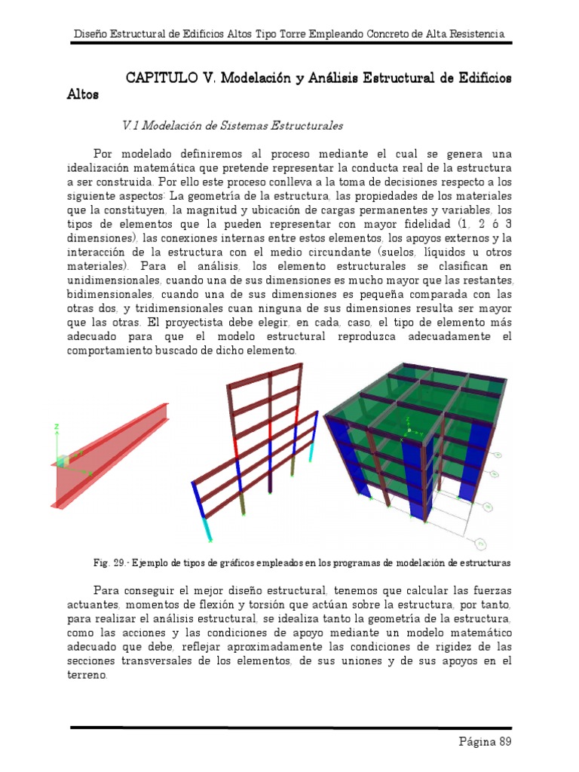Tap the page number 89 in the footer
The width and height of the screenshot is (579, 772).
(504, 742)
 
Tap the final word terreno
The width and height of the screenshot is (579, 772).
(87, 675)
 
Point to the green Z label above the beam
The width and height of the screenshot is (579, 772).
(57, 427)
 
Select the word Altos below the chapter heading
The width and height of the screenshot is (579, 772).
(82, 96)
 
